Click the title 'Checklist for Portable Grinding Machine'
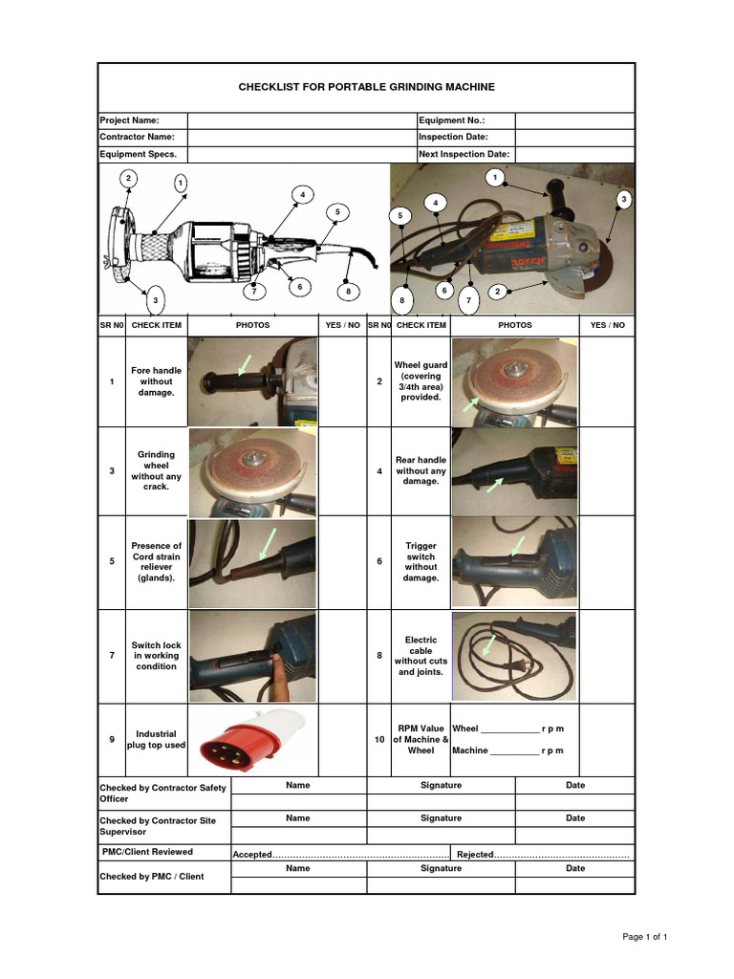[366, 87]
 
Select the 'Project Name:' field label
[130, 120]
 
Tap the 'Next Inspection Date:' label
[464, 154]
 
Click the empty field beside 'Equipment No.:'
[574, 120]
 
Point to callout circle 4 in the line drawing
[302, 194]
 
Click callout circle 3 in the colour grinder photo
[624, 199]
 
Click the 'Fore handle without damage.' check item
[157, 381]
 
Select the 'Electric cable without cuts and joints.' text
[421, 656]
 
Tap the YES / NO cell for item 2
[607, 381]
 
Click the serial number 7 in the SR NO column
[112, 656]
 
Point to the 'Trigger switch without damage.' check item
[421, 562]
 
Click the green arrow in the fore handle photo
[246, 364]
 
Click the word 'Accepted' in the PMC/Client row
[252, 855]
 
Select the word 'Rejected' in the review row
[475, 855]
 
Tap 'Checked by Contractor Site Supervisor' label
[158, 826]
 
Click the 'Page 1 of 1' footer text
[644, 937]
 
